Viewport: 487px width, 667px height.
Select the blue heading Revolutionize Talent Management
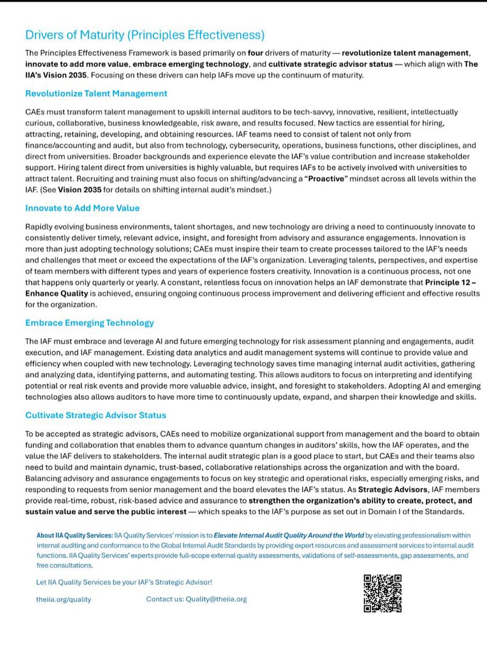[96, 93]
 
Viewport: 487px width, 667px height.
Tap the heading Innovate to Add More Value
[82, 208]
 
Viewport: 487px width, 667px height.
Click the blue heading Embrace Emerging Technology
[89, 323]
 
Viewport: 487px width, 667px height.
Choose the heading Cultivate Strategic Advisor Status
[96, 415]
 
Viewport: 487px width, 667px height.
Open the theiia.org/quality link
[64, 599]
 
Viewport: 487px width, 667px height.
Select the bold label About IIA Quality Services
[74, 535]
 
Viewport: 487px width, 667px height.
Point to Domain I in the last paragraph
[395, 512]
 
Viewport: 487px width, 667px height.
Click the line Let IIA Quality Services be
[123, 582]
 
